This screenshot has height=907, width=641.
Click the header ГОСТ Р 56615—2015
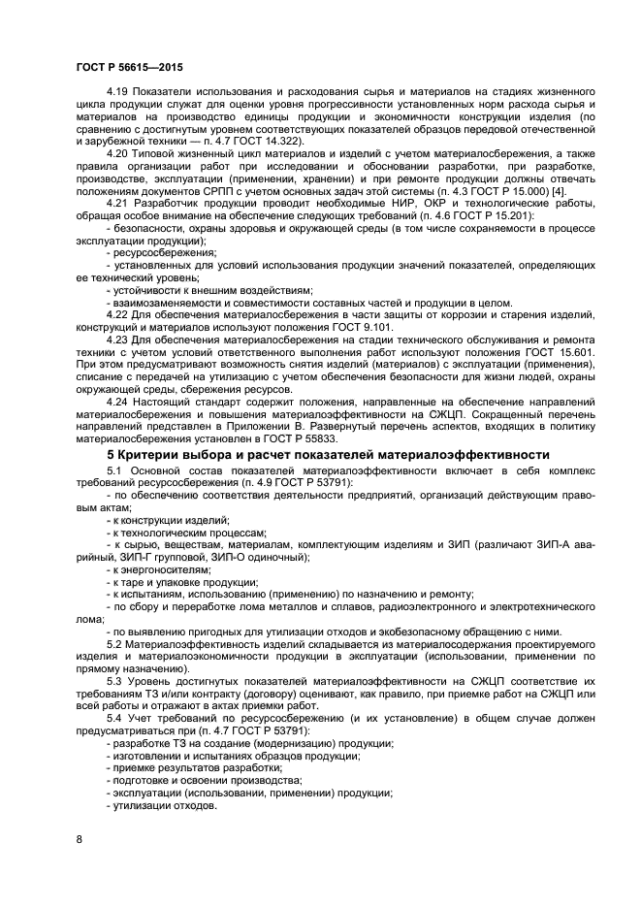tap(129, 67)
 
